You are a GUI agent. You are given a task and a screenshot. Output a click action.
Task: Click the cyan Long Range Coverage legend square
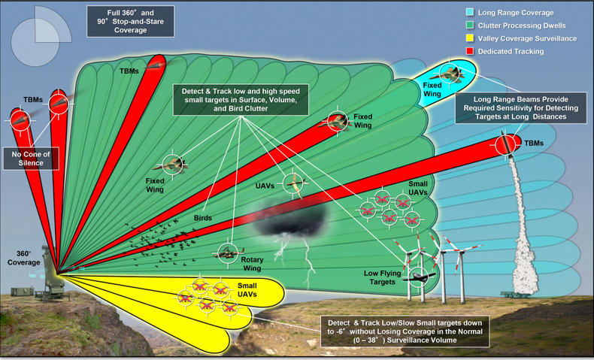pos(470,12)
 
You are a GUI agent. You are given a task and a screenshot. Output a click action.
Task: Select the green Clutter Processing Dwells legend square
pos(470,25)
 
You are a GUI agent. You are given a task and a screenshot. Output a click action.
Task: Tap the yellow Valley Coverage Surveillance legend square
pos(470,38)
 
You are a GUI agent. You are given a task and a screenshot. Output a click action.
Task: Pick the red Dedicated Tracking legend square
pos(470,50)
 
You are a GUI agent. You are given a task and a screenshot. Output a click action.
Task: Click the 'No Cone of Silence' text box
pos(31,159)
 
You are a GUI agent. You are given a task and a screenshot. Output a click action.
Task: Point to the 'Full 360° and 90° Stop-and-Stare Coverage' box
pos(131,21)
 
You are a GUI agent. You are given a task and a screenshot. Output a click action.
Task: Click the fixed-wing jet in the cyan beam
pos(450,73)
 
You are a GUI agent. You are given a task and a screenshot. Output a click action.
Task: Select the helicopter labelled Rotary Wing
pos(229,253)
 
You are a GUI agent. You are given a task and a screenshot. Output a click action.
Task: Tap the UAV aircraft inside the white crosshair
pos(295,184)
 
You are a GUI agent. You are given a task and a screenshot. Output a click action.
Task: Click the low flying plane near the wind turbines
pos(419,277)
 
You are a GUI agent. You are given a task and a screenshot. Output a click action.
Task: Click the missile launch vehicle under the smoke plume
pos(514,294)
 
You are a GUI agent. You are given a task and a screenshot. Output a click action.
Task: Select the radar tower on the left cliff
pos(48,273)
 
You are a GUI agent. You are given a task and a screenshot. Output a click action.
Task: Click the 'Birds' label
pos(203,218)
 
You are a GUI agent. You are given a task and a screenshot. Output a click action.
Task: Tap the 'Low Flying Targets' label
pos(382,277)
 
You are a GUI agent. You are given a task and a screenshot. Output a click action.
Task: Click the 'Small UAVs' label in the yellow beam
pos(247,290)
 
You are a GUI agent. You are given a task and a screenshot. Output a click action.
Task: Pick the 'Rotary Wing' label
pos(252,264)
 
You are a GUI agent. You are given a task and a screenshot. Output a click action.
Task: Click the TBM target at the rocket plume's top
pos(506,144)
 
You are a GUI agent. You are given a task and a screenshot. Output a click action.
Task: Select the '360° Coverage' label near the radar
pos(23,259)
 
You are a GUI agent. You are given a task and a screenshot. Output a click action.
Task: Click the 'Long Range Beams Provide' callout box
pos(521,108)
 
